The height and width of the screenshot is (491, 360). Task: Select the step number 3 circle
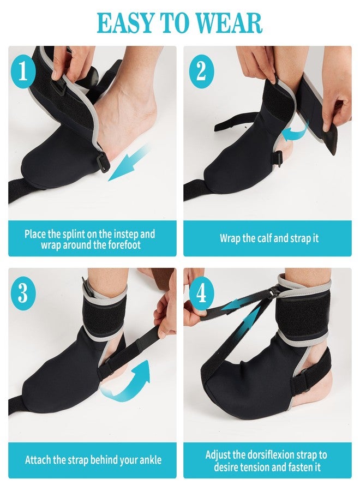click(x=23, y=294)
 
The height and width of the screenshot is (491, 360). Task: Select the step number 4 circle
click(x=201, y=294)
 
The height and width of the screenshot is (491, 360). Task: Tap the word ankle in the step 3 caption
click(x=150, y=460)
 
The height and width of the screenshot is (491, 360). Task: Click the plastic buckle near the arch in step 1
click(x=105, y=161)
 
